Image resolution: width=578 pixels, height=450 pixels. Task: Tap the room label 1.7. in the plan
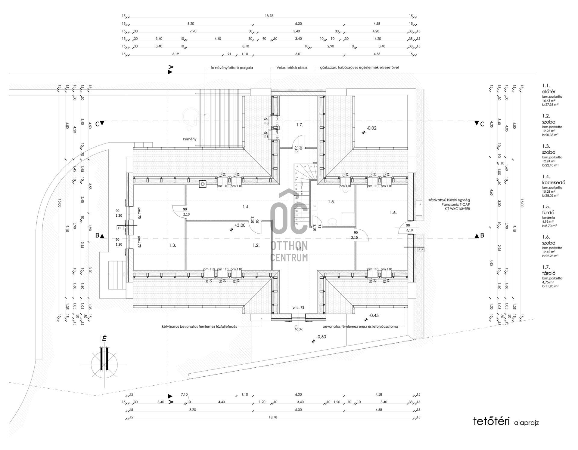click(299, 125)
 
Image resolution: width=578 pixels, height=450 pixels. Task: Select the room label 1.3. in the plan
click(172, 245)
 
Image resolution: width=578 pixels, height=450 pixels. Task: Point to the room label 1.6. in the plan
click(393, 213)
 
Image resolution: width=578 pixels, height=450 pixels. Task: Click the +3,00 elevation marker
click(240, 225)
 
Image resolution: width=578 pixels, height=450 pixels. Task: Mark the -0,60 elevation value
click(321, 337)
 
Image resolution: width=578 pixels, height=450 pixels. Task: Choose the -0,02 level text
click(371, 128)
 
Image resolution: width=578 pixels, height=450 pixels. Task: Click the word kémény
click(190, 139)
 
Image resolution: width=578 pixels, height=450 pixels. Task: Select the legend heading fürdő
click(548, 213)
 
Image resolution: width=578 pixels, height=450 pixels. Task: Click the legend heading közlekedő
click(554, 182)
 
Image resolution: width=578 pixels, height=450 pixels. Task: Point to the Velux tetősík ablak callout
click(292, 68)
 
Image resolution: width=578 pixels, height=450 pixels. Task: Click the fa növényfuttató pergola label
click(232, 68)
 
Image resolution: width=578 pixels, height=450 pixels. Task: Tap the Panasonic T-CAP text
click(455, 204)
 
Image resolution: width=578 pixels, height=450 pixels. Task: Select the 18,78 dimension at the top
click(269, 16)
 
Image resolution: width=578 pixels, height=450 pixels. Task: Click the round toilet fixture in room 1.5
click(333, 222)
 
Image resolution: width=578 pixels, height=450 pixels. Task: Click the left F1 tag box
click(120, 228)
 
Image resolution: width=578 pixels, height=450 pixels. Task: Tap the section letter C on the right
click(482, 124)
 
